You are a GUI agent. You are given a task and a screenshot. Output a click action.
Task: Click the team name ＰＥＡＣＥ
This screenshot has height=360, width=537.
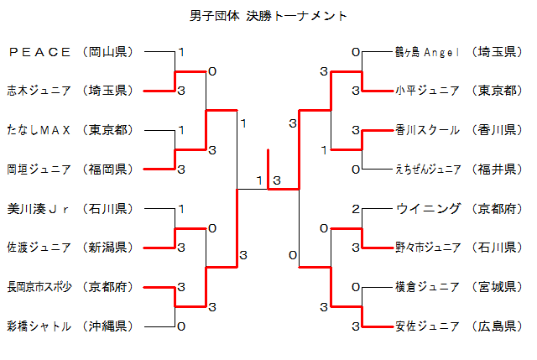(39, 52)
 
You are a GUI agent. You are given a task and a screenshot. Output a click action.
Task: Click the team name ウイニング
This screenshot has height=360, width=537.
(427, 208)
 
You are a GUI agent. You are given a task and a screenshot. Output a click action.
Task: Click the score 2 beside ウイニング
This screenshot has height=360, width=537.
(356, 209)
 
